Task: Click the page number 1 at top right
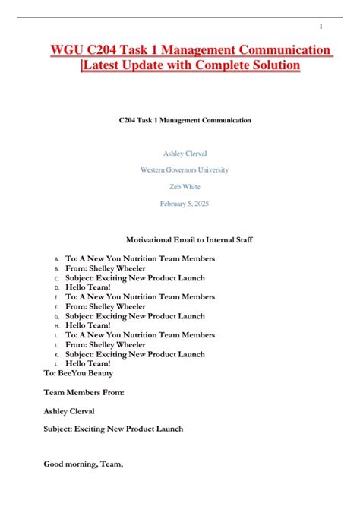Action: [x=321, y=27]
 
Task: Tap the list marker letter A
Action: [x=56, y=259]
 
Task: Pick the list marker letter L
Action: [x=56, y=364]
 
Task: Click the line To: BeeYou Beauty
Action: [x=78, y=373]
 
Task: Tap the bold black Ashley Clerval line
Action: [x=69, y=410]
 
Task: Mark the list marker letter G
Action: [x=56, y=316]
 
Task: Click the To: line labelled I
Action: [x=140, y=335]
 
